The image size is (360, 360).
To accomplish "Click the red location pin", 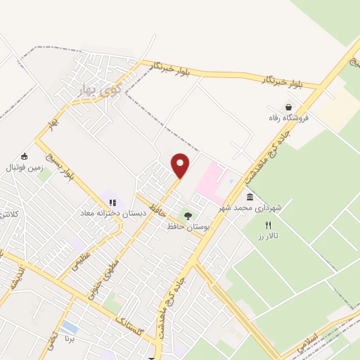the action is tap(181, 165).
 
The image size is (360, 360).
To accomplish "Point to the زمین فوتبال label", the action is tap(25, 167).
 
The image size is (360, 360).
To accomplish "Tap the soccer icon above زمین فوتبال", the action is tap(25, 156).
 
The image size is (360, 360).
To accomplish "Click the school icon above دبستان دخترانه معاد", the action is tap(112, 202).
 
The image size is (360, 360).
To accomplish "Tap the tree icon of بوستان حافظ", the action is tap(187, 215).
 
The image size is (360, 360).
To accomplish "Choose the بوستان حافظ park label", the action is tap(186, 226).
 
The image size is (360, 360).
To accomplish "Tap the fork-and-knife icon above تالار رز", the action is tap(268, 225).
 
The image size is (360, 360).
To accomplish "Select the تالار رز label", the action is tap(268, 236).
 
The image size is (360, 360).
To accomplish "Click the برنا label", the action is tap(70, 338).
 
